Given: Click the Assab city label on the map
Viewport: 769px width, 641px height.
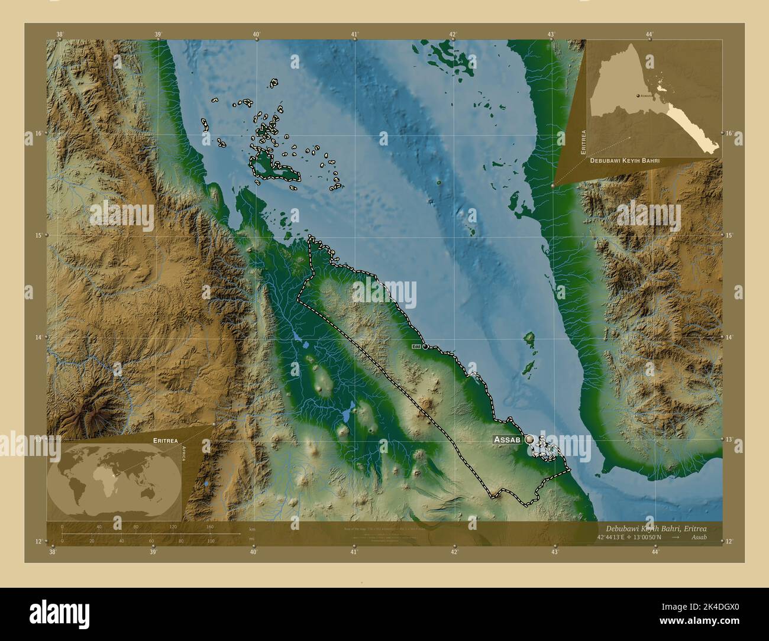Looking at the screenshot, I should [x=507, y=440].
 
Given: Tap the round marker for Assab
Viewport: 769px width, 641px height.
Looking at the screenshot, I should [x=529, y=439].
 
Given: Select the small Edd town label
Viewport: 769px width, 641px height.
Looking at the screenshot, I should [x=416, y=347].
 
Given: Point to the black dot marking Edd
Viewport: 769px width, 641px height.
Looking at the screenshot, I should [x=425, y=347].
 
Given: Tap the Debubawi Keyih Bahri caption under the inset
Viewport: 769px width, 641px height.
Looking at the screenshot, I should [x=624, y=160].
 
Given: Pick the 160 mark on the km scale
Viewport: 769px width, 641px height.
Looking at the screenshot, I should [x=209, y=526].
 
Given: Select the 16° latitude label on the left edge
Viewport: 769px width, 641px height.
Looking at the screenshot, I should [x=38, y=134].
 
